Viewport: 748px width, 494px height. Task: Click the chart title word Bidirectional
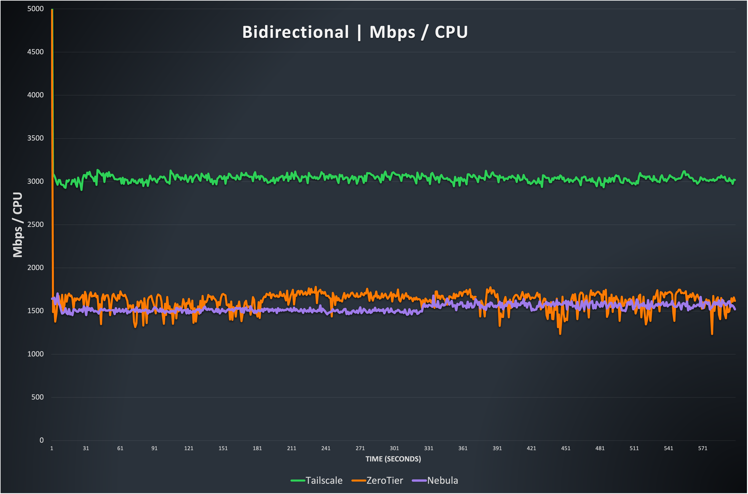pyautogui.click(x=295, y=32)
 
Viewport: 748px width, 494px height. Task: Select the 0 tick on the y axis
pyautogui.click(x=41, y=440)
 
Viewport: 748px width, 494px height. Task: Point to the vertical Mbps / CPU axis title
pyautogui.click(x=18, y=225)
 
